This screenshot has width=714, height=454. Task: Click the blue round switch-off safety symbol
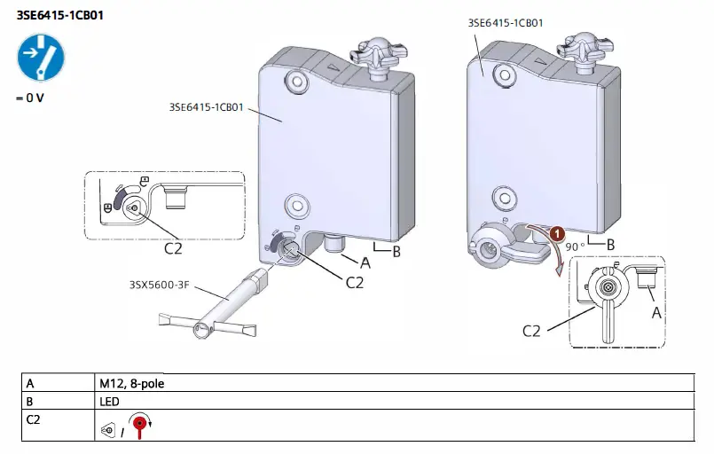click(x=40, y=59)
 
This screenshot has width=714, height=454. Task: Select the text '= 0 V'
click(x=29, y=98)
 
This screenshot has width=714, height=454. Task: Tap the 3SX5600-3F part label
click(x=161, y=284)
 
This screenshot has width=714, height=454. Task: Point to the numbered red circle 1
click(x=557, y=234)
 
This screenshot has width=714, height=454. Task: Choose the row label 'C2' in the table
click(x=33, y=418)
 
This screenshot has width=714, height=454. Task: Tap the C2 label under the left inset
click(x=175, y=249)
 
